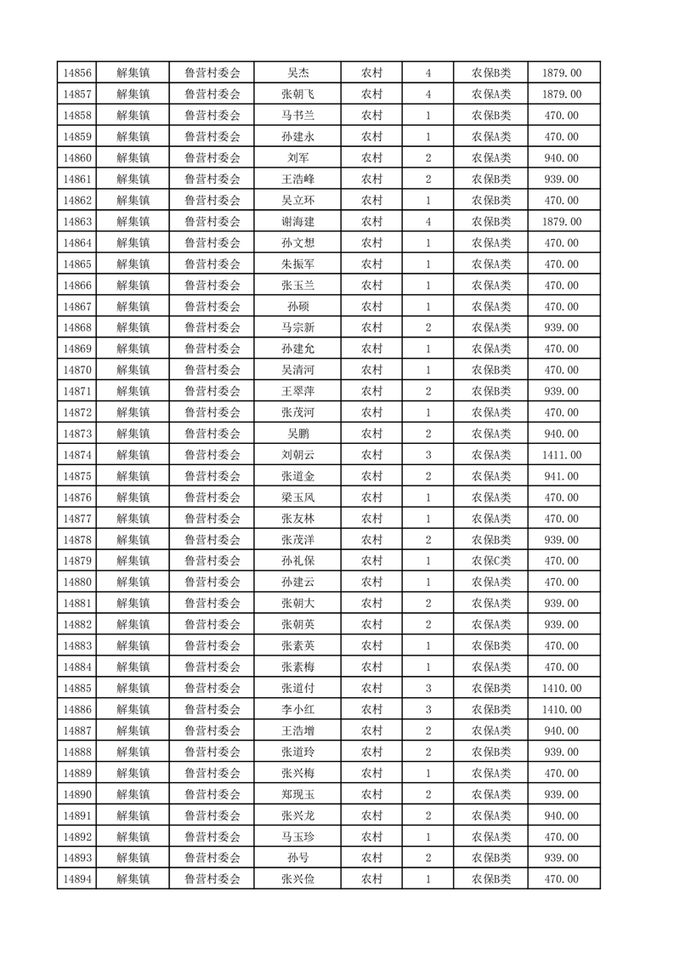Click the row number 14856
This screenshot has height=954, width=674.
coord(77,73)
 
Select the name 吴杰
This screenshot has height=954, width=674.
coord(297,73)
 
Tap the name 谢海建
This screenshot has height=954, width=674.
coord(297,222)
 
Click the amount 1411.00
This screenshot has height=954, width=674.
coord(562,455)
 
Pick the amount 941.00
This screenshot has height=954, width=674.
coord(562,476)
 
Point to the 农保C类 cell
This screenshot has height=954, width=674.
coord(491,561)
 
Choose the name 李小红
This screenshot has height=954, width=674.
coord(297,709)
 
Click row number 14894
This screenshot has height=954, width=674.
coord(77,879)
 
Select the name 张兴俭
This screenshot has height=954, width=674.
coord(297,879)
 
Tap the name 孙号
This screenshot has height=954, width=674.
coord(297,858)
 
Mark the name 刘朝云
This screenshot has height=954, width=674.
coord(297,455)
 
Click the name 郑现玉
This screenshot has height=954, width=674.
coord(297,794)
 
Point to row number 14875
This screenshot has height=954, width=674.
coord(77,476)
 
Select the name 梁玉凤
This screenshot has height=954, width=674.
coord(297,497)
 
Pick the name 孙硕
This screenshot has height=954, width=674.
coord(297,307)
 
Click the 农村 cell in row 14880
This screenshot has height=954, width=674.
coord(371,582)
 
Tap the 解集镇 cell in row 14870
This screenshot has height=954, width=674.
coord(133,370)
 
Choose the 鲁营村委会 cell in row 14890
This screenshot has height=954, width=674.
coord(212,794)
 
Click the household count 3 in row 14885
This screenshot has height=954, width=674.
coord(428,688)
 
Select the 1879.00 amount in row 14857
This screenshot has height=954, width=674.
coord(562,94)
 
